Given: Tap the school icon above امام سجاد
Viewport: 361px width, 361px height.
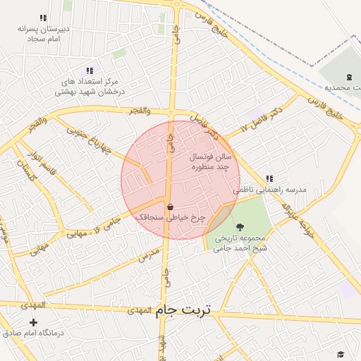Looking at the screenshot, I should tap(44, 18).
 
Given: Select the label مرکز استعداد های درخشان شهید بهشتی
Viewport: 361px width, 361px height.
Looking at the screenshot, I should tap(90, 87).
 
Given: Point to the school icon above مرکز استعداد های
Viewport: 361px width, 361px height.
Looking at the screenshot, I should tap(90, 71).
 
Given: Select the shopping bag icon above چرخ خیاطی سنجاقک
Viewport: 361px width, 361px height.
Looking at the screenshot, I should tap(170, 207).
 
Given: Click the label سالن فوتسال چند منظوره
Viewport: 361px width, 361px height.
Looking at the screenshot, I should tap(211, 163).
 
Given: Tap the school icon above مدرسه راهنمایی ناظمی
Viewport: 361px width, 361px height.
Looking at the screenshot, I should tap(269, 179).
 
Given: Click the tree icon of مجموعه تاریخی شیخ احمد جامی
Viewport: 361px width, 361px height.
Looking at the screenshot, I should tap(241, 227).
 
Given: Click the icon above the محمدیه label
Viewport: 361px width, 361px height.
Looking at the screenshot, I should tap(350, 77).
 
